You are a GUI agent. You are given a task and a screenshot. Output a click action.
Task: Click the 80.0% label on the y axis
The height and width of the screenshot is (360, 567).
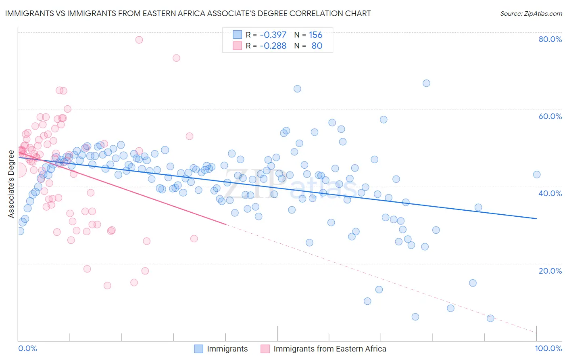(550, 39)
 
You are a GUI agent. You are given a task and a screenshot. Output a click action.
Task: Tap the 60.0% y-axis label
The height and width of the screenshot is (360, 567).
(550, 116)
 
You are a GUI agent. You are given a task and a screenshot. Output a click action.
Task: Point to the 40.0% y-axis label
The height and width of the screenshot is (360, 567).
(550, 193)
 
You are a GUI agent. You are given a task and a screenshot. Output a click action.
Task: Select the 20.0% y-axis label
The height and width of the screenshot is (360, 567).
(550, 270)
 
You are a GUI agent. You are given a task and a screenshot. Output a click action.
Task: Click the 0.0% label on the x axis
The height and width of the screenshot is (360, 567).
(27, 348)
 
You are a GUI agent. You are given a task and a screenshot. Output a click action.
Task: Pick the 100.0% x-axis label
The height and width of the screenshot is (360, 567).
(548, 348)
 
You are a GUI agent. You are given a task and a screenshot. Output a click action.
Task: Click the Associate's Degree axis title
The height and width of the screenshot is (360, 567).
(11, 184)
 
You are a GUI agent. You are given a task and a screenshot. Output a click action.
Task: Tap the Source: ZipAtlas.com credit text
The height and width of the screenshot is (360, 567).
(531, 14)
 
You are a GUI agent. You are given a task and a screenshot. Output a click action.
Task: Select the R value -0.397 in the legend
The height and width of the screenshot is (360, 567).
(273, 35)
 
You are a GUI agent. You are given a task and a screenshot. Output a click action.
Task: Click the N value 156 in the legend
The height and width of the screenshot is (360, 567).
(315, 35)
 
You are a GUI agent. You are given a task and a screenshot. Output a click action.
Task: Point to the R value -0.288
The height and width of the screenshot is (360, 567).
(273, 46)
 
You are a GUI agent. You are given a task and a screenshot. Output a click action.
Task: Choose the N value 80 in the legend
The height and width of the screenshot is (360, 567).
(317, 46)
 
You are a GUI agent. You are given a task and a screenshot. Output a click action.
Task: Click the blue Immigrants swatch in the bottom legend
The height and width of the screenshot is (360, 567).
(198, 349)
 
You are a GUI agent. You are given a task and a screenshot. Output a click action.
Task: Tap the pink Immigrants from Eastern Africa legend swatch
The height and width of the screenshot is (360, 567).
(265, 349)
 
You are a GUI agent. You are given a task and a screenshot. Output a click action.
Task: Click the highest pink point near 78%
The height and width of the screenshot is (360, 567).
(139, 40)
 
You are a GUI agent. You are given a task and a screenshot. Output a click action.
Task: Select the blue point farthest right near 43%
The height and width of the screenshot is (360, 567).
(537, 175)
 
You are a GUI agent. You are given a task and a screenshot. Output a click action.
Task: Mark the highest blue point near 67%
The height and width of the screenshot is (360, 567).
(426, 83)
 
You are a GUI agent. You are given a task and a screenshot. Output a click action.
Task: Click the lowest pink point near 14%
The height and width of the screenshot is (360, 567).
(107, 285)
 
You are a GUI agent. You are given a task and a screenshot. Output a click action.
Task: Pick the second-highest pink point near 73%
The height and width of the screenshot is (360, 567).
(176, 58)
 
